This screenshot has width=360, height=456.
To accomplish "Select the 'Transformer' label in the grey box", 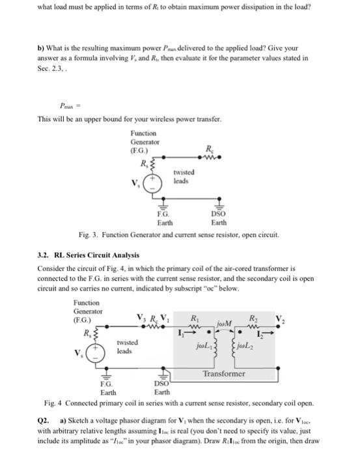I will point(223,374).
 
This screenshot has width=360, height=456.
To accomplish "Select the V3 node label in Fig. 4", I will point(142,319).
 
